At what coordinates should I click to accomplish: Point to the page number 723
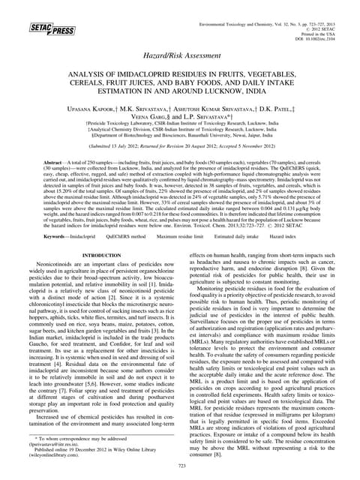point(180,466)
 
